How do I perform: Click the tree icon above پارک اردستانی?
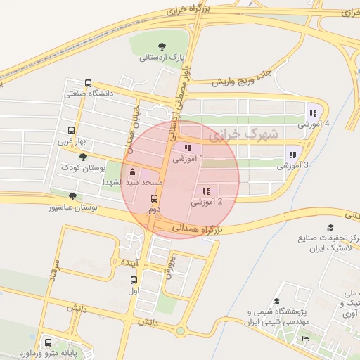pos(163,44)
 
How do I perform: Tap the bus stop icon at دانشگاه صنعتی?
pos(88,83)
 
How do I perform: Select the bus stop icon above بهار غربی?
pos(71,130)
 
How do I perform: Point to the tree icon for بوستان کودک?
pos(84,157)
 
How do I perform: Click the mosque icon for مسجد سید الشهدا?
pos(132,172)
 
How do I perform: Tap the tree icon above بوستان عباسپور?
pos(72,196)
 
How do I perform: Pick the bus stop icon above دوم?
pos(154,198)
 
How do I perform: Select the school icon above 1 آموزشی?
pos(188,148)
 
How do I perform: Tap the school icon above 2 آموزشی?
pos(207,191)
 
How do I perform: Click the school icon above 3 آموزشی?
pos(292,155)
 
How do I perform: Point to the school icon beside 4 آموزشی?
pos(312,112)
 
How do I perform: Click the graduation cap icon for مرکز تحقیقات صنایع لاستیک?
pos(330,227)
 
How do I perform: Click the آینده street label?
pos(131,262)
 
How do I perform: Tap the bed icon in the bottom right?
pos(304,339)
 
